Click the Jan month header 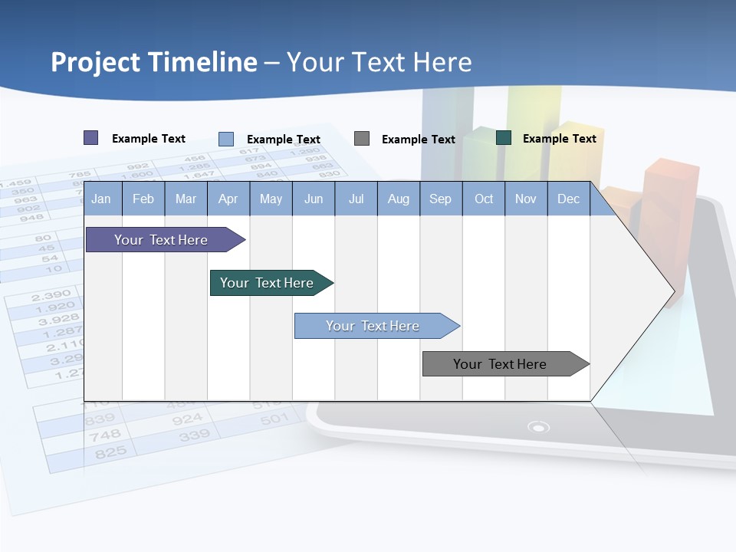click(x=101, y=199)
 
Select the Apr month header click(x=228, y=199)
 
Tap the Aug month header click(x=398, y=199)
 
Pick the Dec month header click(x=568, y=199)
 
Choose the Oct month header click(x=484, y=199)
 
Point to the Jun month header click(x=313, y=199)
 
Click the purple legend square click(x=91, y=138)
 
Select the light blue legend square click(x=226, y=139)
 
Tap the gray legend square click(x=362, y=139)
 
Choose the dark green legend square click(x=504, y=138)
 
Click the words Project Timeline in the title click(x=153, y=62)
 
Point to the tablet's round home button click(x=539, y=427)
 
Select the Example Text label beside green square click(x=559, y=139)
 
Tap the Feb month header click(x=143, y=199)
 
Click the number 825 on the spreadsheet click(x=110, y=453)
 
